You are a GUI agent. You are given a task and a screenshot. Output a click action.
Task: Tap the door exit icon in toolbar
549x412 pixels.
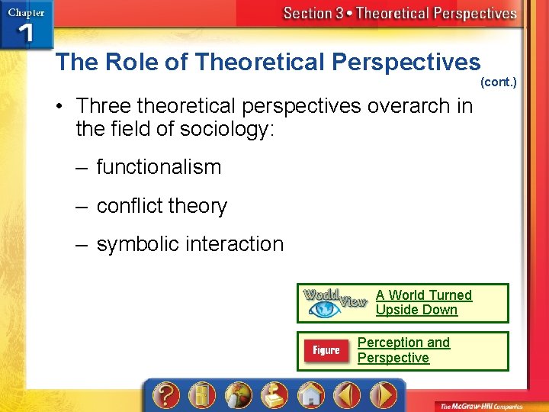200,395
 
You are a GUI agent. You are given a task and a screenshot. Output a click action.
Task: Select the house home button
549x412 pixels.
310,395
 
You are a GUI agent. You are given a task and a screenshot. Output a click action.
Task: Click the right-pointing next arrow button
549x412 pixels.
384,395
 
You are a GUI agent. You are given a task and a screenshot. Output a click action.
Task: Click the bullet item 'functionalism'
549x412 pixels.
159,167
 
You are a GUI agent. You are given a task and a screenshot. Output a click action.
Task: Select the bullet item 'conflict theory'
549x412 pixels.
162,206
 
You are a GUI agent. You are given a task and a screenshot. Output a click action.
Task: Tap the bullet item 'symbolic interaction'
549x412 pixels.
190,244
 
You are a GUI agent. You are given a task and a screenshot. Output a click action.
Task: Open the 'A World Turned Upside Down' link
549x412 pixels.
423,302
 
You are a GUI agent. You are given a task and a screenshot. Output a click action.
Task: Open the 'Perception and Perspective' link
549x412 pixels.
403,350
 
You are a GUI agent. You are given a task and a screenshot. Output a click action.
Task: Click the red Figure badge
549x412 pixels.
326,351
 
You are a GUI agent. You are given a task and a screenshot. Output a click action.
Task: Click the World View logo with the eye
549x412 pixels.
335,303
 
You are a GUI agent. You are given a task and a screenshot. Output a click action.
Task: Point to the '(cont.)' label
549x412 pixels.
498,82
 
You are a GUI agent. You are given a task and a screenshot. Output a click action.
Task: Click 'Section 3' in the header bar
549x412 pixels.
313,13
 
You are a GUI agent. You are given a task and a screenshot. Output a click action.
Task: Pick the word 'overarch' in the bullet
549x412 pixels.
409,105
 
